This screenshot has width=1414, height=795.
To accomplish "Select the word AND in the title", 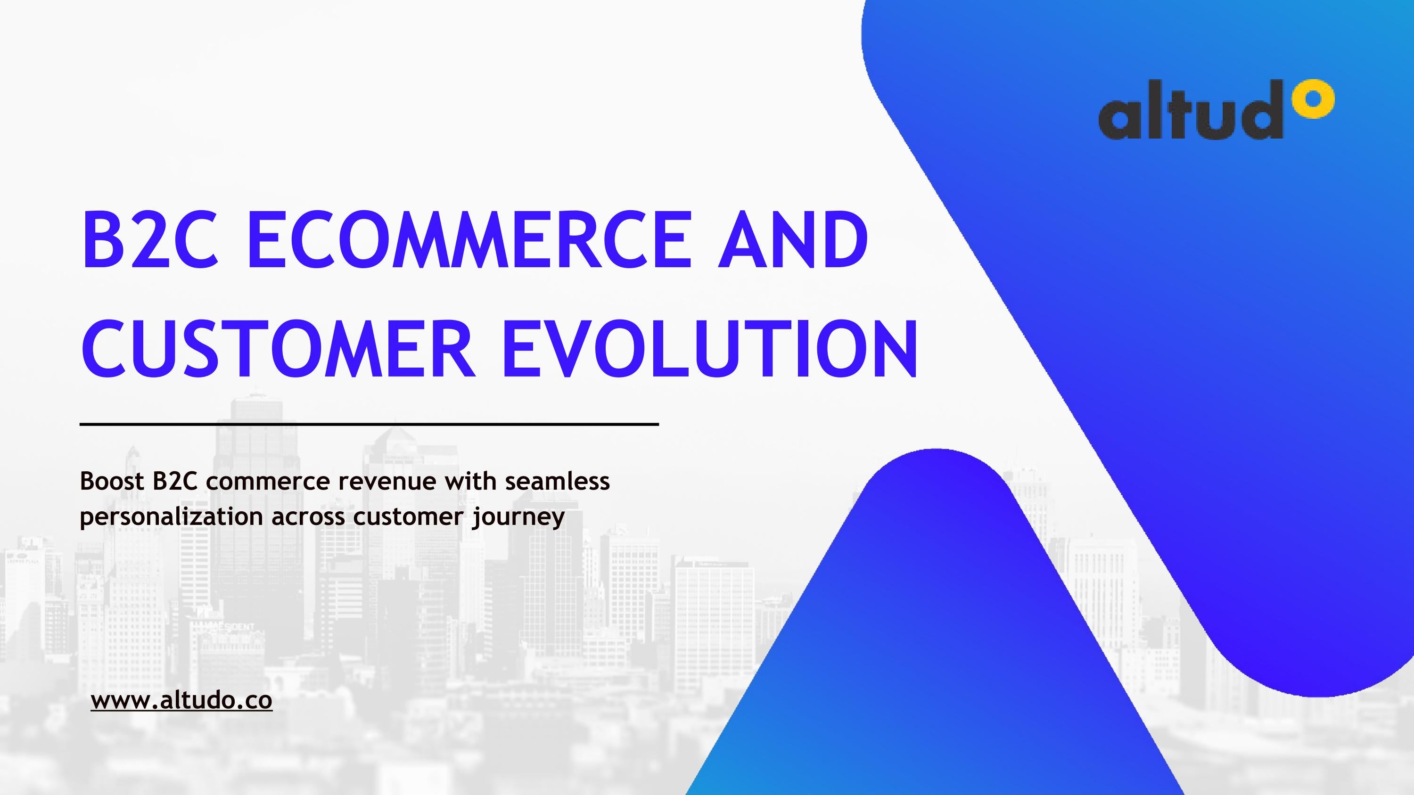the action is [x=793, y=240].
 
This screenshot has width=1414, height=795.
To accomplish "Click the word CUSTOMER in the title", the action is [x=277, y=348].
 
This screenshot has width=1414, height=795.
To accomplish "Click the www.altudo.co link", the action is [x=181, y=701].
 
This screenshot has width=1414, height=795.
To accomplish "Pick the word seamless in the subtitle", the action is [x=557, y=481].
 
